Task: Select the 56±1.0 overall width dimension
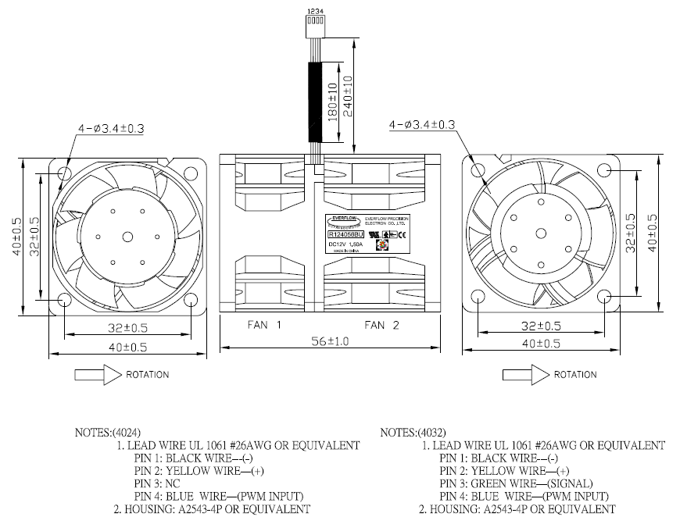(x=331, y=341)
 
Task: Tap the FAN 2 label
(x=381, y=324)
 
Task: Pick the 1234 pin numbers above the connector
(x=315, y=11)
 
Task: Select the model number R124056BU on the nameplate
(x=344, y=233)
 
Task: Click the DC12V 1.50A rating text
(x=344, y=243)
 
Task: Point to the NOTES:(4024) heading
(x=108, y=432)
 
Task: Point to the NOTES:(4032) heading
(x=413, y=432)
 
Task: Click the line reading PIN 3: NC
(x=159, y=483)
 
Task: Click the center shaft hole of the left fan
(x=127, y=237)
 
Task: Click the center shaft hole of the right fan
(x=539, y=233)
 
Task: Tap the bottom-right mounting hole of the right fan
(x=603, y=297)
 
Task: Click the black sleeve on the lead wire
(x=316, y=101)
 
